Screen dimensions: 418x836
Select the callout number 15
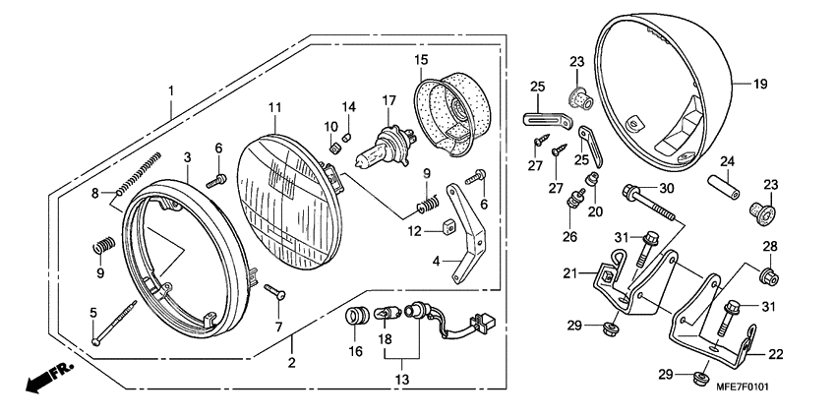[x=421, y=60]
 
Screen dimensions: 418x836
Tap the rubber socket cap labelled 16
[x=356, y=319]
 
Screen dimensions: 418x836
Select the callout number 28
[x=769, y=246]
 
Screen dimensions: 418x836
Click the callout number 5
[x=94, y=313]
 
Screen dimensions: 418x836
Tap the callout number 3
[x=186, y=156]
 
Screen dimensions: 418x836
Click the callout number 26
[x=568, y=236]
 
